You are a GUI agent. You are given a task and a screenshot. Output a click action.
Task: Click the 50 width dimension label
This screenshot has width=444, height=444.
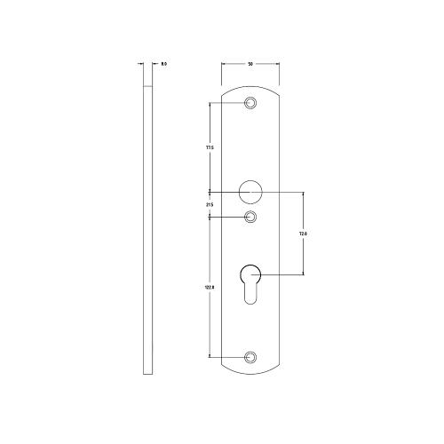pos(251,64)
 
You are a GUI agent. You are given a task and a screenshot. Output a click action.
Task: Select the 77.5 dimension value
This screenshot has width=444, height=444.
pos(210,147)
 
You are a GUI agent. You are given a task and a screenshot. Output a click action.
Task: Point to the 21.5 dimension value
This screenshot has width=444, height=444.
pos(210,205)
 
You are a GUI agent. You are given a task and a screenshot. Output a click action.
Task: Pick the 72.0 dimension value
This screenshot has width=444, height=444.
pos(302,234)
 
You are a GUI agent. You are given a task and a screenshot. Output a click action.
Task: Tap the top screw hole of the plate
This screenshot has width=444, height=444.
pos(251,104)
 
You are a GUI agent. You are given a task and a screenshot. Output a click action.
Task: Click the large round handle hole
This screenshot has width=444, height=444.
pos(251,191)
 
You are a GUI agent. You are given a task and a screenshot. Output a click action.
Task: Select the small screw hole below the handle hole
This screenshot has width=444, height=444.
pos(251,216)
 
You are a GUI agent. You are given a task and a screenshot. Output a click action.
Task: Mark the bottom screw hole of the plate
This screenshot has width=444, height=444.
pos(251,357)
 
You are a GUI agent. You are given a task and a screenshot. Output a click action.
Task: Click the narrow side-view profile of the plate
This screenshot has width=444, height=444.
pos(147,222)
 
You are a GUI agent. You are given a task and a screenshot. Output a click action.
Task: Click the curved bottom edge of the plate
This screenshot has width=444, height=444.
pos(251,373)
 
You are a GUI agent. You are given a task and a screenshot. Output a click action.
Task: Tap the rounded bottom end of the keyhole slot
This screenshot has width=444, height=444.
pos(251,299)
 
